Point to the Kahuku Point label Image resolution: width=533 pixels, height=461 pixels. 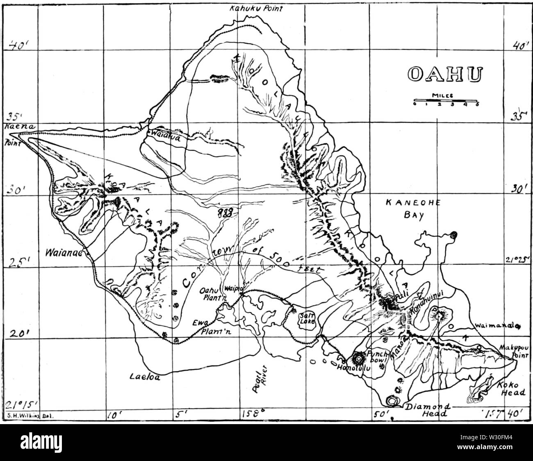click(x=256, y=8)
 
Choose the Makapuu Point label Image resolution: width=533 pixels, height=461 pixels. click(x=515, y=352)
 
